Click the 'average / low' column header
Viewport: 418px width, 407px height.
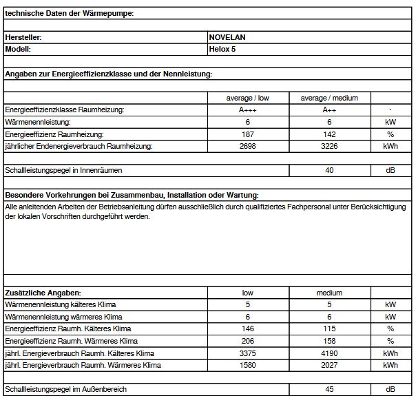(249, 98)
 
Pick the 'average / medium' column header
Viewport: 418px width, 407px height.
(329, 98)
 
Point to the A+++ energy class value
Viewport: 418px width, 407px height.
(249, 110)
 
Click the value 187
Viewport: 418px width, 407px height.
(249, 134)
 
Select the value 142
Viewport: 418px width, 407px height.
(329, 134)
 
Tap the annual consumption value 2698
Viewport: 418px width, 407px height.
(249, 146)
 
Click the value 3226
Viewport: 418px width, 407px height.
(329, 146)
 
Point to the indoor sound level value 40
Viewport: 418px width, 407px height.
(329, 169)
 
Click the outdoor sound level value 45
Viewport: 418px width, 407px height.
(329, 390)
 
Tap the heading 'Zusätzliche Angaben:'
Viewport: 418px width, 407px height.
(43, 293)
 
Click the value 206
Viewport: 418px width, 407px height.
(249, 341)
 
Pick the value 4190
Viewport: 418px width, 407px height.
(329, 353)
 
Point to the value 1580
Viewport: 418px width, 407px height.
(249, 365)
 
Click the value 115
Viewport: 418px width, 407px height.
(329, 329)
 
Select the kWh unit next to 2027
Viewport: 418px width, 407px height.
(390, 365)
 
